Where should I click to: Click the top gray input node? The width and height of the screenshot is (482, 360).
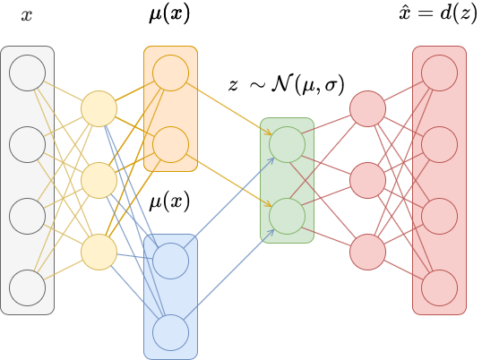point(27,72)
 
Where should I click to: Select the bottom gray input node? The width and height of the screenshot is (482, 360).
point(27,287)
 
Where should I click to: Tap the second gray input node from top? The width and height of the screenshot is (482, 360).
point(27,143)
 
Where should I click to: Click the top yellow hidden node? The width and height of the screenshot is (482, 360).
point(99,108)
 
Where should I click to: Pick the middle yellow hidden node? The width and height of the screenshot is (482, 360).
point(99,180)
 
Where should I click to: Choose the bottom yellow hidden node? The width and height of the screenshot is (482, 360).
point(99,252)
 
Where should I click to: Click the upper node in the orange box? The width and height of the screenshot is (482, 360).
point(170,73)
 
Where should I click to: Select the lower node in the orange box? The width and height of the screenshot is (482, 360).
point(170,143)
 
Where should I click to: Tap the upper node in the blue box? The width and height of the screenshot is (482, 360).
point(170,261)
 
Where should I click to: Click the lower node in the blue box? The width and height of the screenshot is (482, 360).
point(170,332)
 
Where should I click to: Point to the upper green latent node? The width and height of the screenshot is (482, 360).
point(287,144)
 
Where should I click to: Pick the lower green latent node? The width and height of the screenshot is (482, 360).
point(287,216)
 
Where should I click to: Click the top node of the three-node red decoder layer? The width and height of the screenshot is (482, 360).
point(367,108)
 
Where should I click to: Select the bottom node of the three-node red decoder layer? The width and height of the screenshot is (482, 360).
point(367,252)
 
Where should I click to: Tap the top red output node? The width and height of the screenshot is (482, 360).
point(439,73)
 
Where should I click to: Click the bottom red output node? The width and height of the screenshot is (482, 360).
point(439,287)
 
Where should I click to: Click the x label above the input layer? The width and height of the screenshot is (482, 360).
point(27,16)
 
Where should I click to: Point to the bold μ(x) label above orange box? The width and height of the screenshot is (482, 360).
point(169,16)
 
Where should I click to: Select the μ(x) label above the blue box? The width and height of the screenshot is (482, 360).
point(169,201)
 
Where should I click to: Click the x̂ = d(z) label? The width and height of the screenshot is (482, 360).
point(438,16)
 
